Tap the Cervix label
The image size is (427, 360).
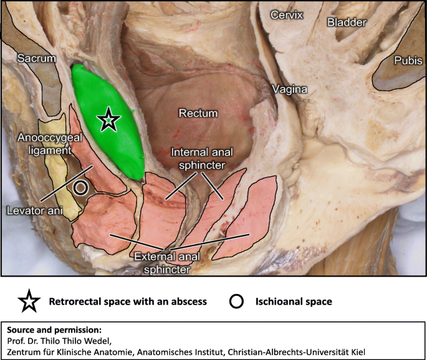coord(286,14)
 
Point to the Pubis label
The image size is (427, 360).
coord(408,60)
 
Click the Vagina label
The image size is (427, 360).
coord(289,90)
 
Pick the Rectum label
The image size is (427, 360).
coord(198,113)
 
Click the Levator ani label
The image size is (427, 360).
coord(28,210)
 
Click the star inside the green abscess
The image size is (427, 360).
coord(108,119)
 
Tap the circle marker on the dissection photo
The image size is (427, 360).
coord(80,187)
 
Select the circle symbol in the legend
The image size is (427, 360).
coord(236,302)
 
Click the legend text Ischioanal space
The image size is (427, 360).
coord(293,302)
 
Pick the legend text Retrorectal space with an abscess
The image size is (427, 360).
coord(128,302)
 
